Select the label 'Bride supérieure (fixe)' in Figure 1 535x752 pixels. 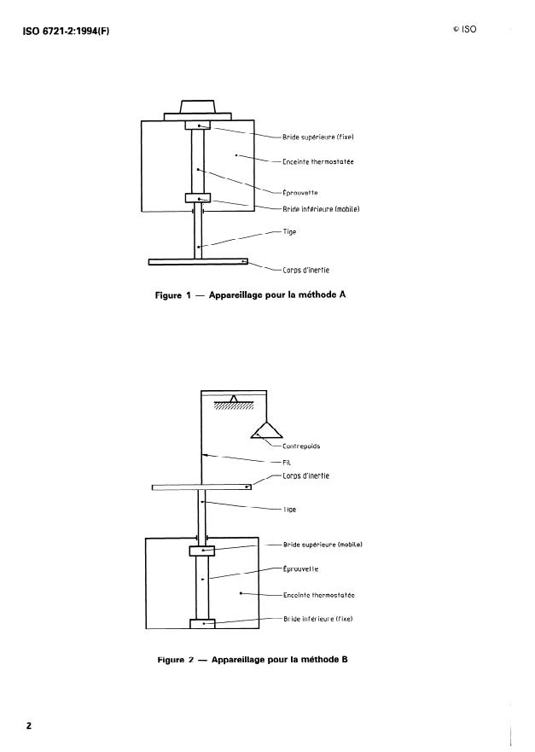[x=317, y=137]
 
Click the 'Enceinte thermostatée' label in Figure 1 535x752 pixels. [x=318, y=161]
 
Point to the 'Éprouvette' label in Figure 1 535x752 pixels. [x=301, y=193]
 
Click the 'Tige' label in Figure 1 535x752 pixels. [x=289, y=232]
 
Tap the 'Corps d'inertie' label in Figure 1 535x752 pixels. [x=306, y=271]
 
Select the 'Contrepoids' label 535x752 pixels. [x=300, y=445]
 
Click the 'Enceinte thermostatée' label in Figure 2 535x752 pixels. [x=318, y=594]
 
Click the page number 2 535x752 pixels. [x=28, y=726]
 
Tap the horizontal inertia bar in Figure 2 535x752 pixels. [x=203, y=487]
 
